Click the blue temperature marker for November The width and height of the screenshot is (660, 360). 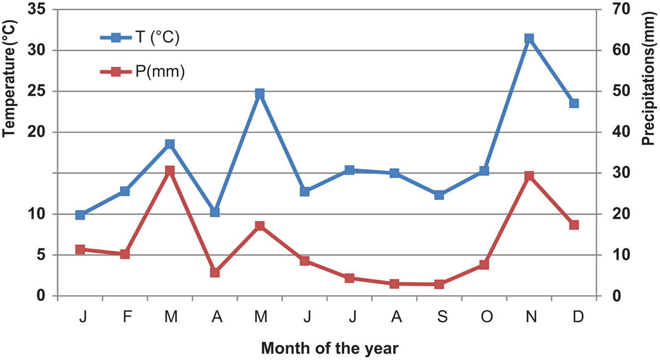529,39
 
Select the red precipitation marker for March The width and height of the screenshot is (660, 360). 170,171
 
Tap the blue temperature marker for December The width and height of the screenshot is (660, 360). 574,103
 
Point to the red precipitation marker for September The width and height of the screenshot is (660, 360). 439,284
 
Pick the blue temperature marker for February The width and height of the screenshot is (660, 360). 125,191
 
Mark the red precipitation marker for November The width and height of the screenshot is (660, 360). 529,176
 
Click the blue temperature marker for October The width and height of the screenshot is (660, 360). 484,171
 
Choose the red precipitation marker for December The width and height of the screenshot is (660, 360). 574,225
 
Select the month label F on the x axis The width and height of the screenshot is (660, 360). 127,317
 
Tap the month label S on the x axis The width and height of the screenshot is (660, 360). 443,317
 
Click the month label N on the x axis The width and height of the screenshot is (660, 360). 532,317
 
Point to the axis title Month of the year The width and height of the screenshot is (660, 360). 330,348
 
